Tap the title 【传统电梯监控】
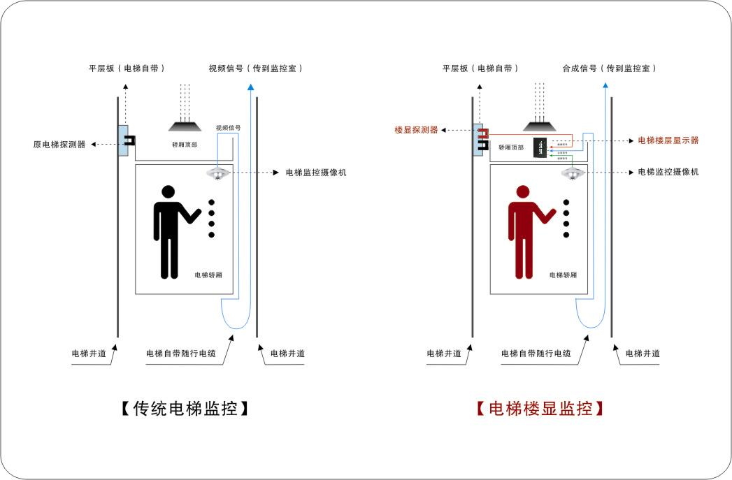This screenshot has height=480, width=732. click(x=185, y=409)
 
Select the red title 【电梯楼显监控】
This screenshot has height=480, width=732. click(x=540, y=409)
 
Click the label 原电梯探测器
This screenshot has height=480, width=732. click(x=59, y=145)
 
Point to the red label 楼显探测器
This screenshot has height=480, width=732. click(x=416, y=130)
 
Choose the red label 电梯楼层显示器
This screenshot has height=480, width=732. click(x=668, y=140)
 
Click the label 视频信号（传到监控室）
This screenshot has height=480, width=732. click(x=255, y=68)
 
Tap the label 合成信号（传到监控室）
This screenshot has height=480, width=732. click(x=610, y=68)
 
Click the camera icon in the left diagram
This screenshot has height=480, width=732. click(x=218, y=173)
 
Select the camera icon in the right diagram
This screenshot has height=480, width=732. click(x=573, y=173)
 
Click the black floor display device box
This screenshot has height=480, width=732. click(x=541, y=147)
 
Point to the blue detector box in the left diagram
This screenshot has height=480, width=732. click(x=124, y=140)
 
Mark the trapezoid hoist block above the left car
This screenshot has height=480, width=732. click(x=185, y=126)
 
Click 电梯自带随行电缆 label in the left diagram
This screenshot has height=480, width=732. click(x=180, y=354)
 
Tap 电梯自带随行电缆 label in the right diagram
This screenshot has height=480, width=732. click(x=536, y=354)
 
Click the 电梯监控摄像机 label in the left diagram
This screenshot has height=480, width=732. click(x=315, y=173)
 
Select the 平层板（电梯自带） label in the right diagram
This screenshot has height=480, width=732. click(x=481, y=68)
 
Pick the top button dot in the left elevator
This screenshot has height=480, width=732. click(x=211, y=203)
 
